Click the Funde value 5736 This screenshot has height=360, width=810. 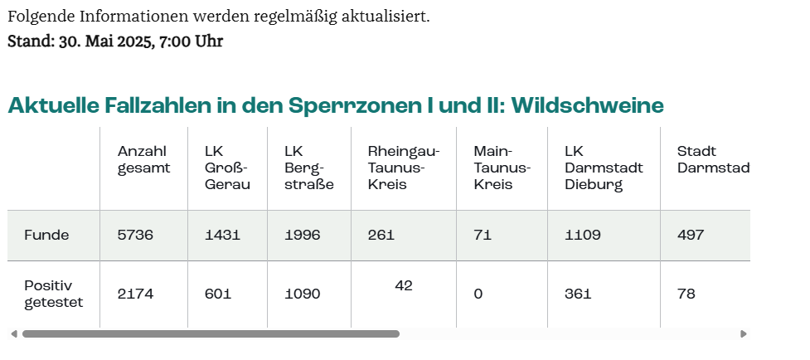coord(135,236)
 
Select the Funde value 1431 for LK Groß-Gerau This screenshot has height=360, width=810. coord(222,236)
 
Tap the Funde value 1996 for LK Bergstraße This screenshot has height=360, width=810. coord(302,236)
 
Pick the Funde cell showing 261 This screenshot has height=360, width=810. coord(381,236)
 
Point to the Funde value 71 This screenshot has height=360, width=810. coord(483,236)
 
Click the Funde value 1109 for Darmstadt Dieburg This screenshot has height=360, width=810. coord(582,236)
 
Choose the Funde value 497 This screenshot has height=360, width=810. coord(691,236)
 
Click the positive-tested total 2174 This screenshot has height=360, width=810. coord(135,294)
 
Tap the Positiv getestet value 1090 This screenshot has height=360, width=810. coord(302,294)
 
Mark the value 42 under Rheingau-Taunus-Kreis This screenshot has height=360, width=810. coord(404,285)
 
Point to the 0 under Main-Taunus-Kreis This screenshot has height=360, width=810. coord(478,294)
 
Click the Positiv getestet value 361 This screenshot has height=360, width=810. coord(580,294)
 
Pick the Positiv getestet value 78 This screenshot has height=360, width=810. coord(686,294)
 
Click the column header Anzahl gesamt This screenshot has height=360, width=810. coord(143,159)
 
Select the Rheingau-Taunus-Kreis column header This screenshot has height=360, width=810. coord(403,168)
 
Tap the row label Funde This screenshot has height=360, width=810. coord(46,236)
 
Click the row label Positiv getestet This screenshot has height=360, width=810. coord(54,294)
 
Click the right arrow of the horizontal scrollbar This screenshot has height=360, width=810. coord(744,334)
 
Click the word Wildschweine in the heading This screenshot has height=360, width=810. coord(587,106)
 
